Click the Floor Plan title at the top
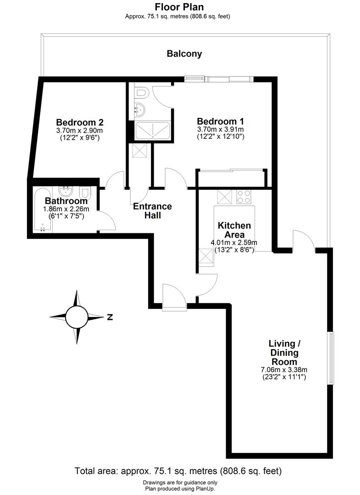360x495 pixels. click(179, 7)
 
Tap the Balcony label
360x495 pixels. click(184, 54)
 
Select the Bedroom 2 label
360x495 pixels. click(80, 122)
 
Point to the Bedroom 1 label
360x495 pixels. click(220, 121)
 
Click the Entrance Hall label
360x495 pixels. click(152, 211)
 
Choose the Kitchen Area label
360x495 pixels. click(234, 230)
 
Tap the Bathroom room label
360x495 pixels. click(66, 201)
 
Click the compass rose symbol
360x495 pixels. click(76, 317)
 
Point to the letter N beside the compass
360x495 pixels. click(110, 317)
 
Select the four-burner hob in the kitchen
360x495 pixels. click(244, 197)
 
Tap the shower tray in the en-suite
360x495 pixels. click(154, 131)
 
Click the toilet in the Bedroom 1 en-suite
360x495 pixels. click(142, 93)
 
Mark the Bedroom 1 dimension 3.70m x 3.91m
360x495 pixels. click(220, 129)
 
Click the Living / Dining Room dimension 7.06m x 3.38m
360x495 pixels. click(284, 370)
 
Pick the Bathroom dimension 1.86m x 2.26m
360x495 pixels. click(66, 209)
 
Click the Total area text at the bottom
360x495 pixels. click(178, 471)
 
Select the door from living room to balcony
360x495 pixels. click(304, 242)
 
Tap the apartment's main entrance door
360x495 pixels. click(175, 298)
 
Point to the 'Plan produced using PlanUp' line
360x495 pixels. click(180, 489)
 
